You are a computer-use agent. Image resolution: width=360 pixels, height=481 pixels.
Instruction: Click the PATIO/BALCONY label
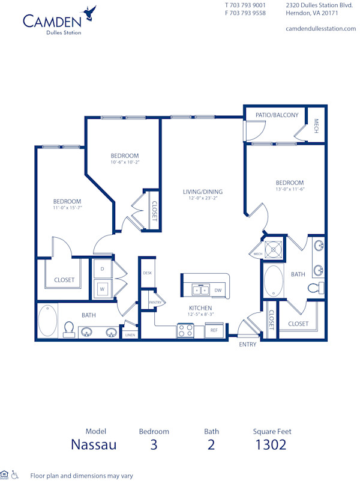pyautogui.click(x=277, y=115)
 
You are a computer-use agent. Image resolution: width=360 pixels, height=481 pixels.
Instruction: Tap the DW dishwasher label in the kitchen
pyautogui.click(x=218, y=290)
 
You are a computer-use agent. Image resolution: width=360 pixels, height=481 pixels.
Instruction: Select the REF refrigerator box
pyautogui.click(x=214, y=330)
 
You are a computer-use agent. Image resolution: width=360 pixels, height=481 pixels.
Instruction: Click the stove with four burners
pyautogui.click(x=185, y=330)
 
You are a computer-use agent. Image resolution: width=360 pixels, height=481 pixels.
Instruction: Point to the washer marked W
pyautogui.click(x=102, y=288)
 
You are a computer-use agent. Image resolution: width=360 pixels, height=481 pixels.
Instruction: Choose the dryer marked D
pyautogui.click(x=102, y=268)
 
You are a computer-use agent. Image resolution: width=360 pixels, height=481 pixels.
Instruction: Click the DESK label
pyautogui.click(x=147, y=273)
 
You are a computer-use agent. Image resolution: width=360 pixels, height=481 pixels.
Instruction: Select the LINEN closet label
pyautogui.click(x=130, y=335)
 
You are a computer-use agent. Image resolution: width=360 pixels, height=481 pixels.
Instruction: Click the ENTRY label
pyautogui.click(x=248, y=344)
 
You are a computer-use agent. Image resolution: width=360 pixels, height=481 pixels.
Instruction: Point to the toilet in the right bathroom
pyautogui.click(x=314, y=289)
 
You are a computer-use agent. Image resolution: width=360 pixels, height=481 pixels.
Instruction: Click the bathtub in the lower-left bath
pyautogui.click(x=48, y=321)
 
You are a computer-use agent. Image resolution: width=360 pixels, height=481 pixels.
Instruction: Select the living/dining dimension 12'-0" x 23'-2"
pyautogui.click(x=203, y=198)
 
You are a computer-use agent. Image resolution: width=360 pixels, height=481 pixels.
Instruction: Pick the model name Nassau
pyautogui.click(x=94, y=445)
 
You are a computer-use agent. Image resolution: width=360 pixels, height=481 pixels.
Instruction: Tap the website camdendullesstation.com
pyautogui.click(x=321, y=28)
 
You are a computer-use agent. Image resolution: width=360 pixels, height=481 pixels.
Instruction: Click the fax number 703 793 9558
pyautogui.click(x=249, y=13)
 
